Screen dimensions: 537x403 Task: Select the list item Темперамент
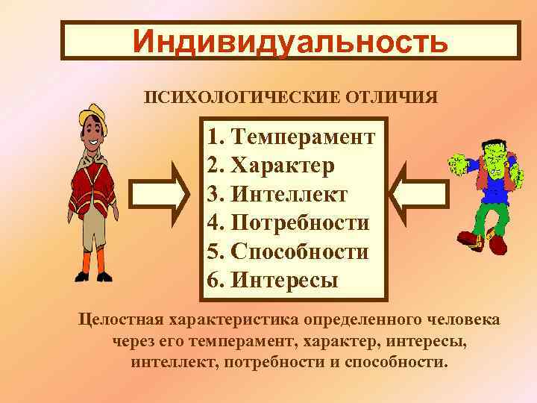(x=303, y=137)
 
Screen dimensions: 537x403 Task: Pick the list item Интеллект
(x=289, y=193)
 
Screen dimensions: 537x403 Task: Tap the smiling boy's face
(x=94, y=134)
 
